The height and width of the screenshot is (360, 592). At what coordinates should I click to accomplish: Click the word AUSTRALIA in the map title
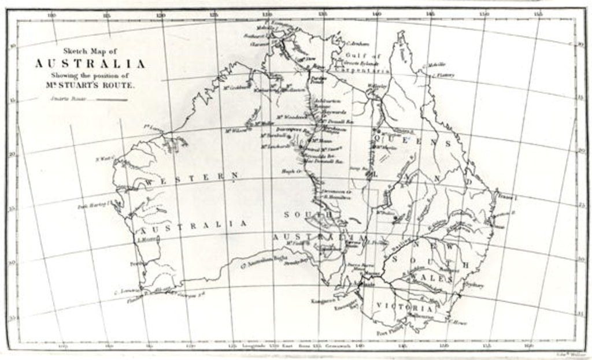point(90,64)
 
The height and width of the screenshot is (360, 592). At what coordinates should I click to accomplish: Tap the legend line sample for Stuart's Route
point(111,99)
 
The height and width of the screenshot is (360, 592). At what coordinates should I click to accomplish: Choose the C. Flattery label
point(445,75)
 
